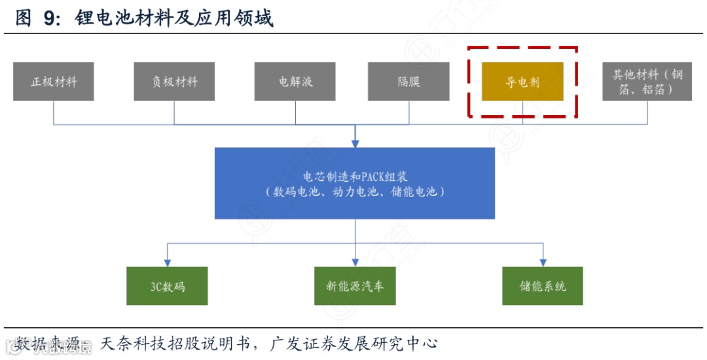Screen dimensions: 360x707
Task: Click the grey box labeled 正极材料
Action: click(53, 82)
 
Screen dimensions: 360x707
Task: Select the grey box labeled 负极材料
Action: click(174, 82)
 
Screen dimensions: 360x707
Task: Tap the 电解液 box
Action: click(295, 82)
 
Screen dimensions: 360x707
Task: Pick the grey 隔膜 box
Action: click(408, 82)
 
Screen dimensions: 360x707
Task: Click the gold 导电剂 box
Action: click(522, 82)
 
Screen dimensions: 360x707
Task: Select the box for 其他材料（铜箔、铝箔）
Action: click(647, 82)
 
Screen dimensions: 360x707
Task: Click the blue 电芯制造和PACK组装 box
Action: click(355, 183)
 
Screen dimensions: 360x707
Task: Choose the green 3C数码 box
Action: click(167, 286)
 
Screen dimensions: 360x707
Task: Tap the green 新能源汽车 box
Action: click(355, 286)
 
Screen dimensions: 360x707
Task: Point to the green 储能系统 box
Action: click(543, 286)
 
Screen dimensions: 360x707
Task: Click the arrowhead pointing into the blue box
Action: click(355, 143)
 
